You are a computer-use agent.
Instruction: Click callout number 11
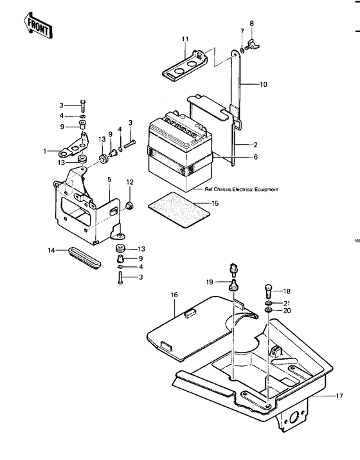[x=185, y=40]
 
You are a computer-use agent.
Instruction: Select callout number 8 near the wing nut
[x=252, y=24]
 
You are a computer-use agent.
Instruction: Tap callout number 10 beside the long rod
[x=263, y=84]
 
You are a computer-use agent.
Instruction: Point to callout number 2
[x=255, y=145]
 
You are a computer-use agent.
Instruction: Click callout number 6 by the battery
[x=255, y=156]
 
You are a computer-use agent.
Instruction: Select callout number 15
[x=215, y=203]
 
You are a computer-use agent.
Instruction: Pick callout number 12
[x=130, y=182]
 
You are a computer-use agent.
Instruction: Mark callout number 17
[x=340, y=396]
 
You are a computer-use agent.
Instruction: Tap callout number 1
[x=46, y=151]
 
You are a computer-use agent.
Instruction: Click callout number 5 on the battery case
[x=109, y=179]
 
